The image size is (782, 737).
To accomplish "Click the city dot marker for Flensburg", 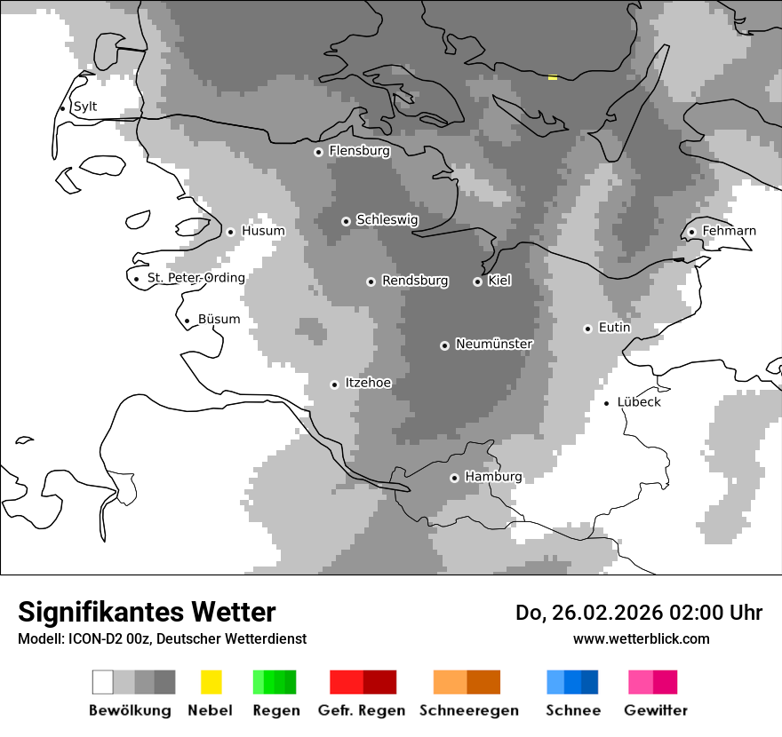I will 318,152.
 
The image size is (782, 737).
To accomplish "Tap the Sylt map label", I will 85,107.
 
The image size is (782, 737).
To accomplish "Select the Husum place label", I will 263,231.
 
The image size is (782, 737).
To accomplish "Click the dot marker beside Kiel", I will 477,281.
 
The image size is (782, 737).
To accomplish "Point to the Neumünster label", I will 494,344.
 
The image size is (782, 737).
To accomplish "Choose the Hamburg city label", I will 493,477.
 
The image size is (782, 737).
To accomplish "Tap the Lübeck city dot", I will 607,403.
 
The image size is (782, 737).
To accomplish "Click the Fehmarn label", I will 729,231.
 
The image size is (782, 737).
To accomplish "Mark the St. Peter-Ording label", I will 195,278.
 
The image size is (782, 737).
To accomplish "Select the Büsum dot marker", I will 187,321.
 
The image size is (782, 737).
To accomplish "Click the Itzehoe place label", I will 368,383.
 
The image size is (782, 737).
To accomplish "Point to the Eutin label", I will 614,328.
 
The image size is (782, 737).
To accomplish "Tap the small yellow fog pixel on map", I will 553,78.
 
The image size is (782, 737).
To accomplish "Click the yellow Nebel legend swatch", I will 211,682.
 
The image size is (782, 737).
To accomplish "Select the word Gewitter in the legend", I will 655,710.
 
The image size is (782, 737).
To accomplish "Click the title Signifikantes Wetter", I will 147,613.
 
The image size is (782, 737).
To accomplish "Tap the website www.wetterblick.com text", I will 641,638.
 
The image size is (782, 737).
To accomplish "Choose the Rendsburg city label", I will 415,281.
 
